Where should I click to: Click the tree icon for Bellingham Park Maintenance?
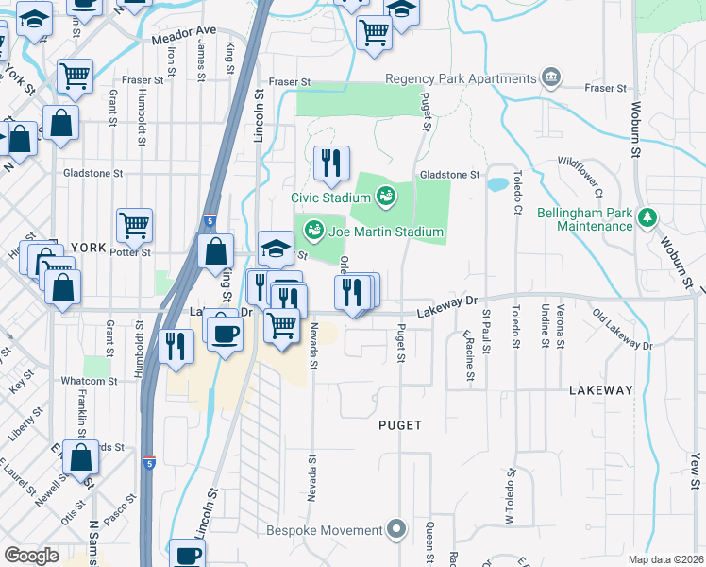tap(647, 218)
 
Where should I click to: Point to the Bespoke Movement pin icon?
tap(397, 530)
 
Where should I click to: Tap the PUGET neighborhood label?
tap(402, 425)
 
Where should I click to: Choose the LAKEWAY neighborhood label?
tap(601, 389)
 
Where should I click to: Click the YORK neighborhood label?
tap(88, 247)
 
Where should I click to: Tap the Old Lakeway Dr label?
tap(622, 328)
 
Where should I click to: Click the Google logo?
tap(31, 556)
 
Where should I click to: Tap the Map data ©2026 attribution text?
tap(666, 559)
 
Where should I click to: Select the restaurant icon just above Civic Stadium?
tap(331, 164)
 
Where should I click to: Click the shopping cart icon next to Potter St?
tap(135, 226)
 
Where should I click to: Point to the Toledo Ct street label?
tap(516, 191)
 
